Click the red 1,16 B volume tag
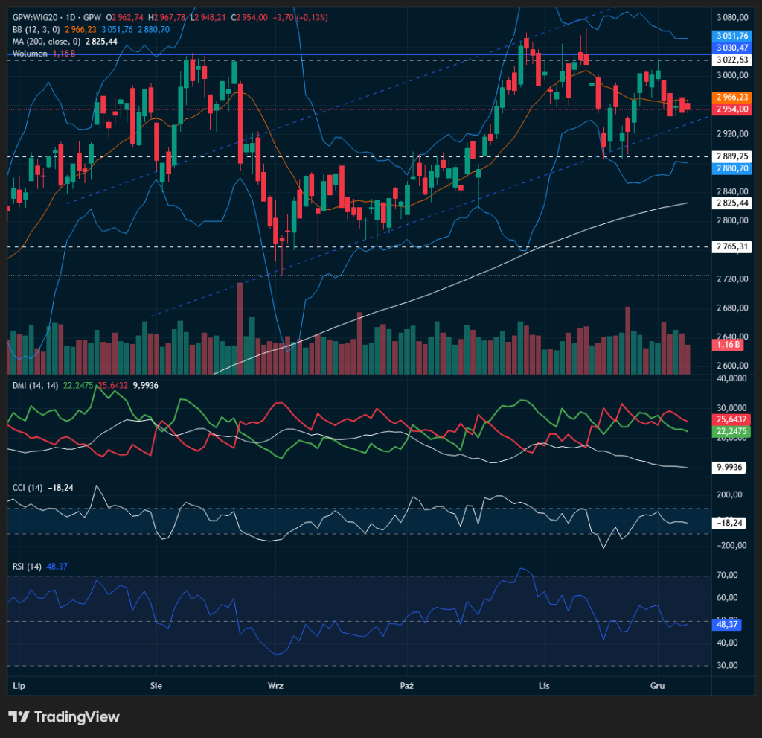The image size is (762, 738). (727, 346)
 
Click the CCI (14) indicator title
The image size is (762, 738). (28, 488)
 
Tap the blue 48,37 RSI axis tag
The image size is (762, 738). (727, 624)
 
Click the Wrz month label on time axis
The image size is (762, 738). (275, 684)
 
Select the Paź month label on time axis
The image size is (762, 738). (406, 684)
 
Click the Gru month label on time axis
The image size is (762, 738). (657, 684)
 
